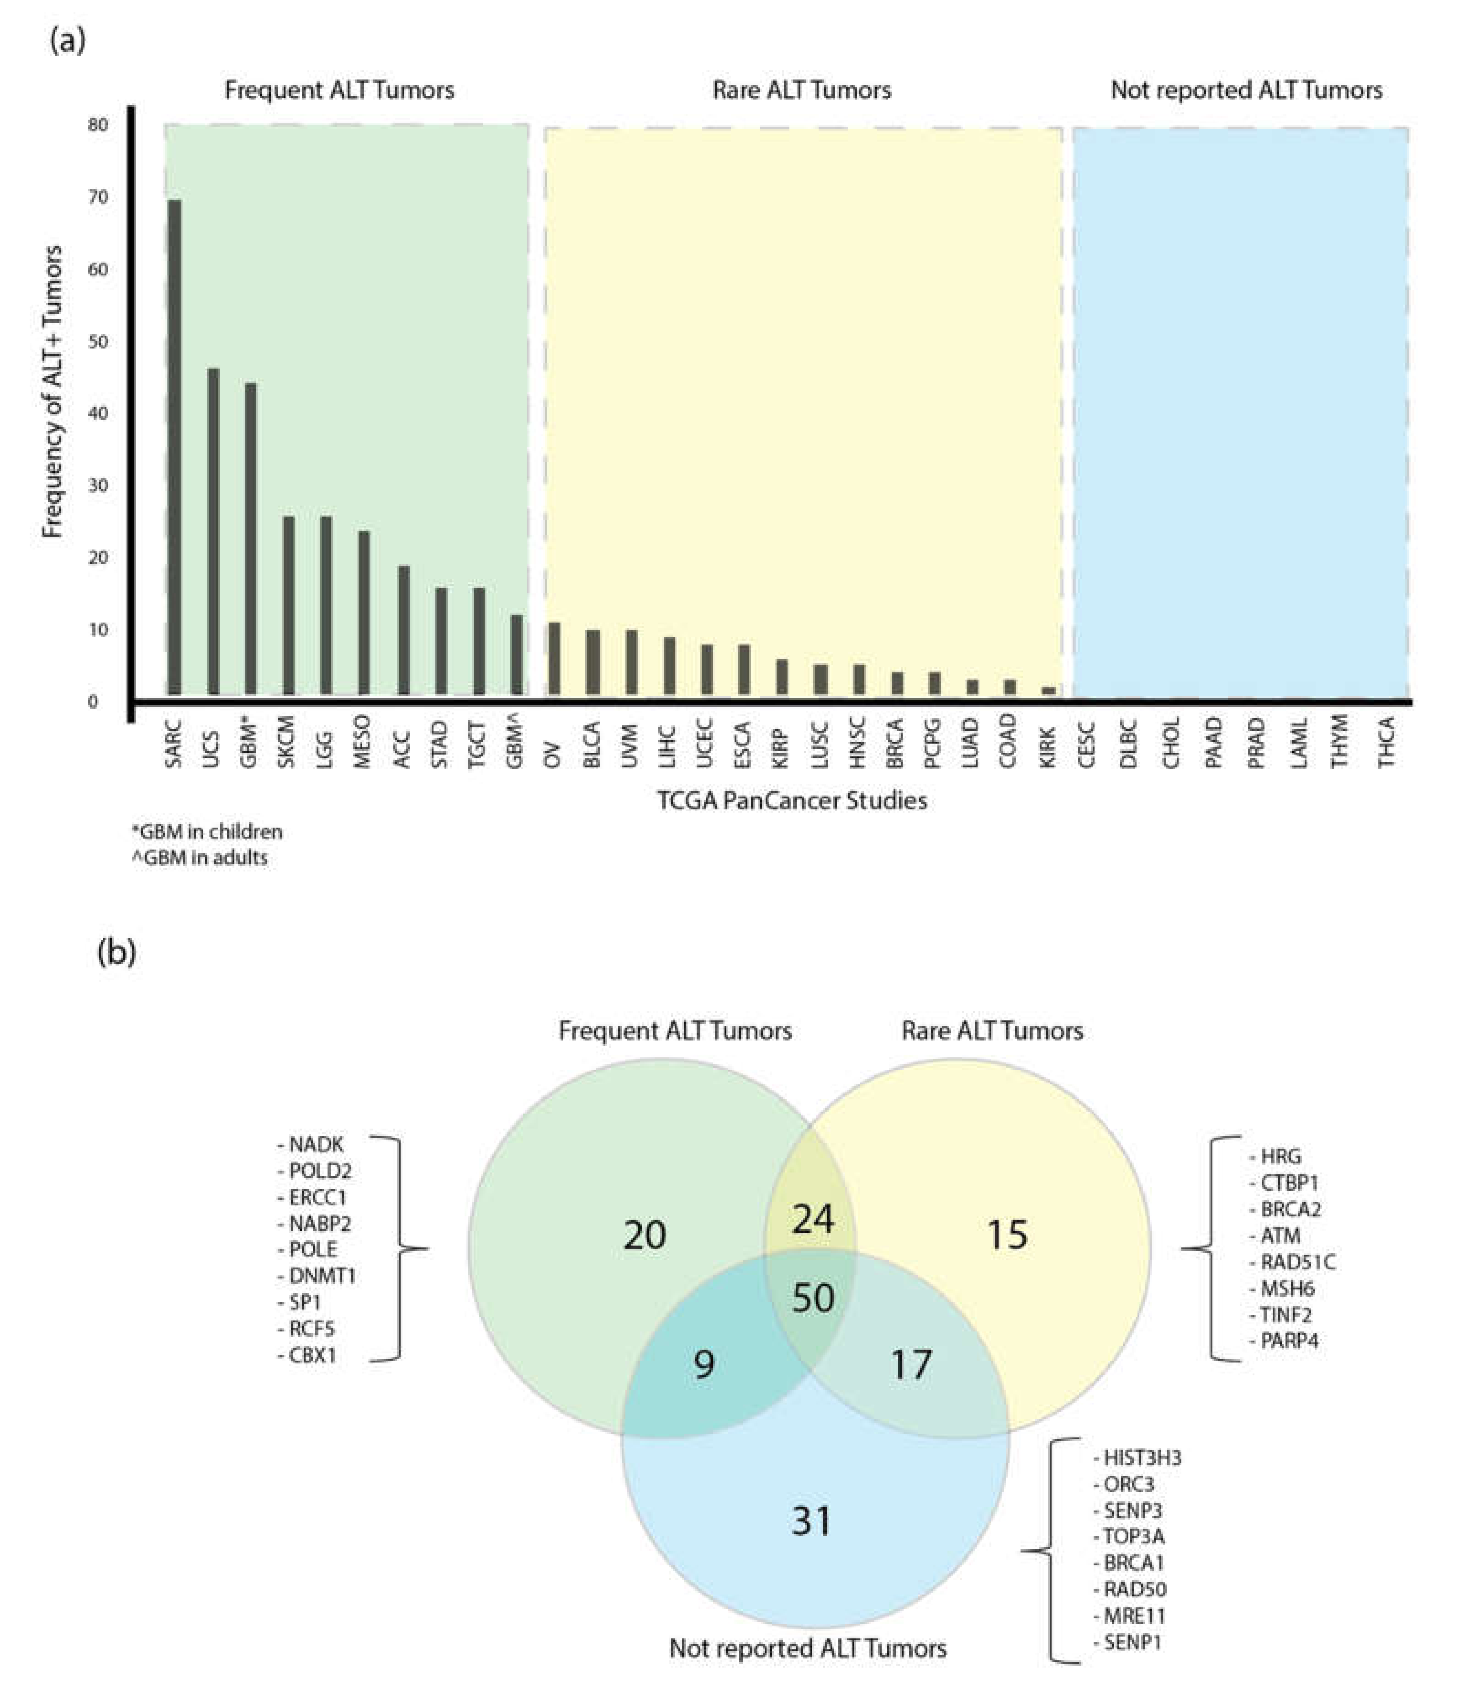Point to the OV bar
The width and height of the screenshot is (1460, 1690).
pos(554,659)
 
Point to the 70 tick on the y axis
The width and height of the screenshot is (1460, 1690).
pos(98,197)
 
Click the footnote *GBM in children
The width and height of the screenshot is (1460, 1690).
pos(207,832)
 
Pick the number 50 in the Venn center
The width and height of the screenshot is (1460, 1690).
pos(813,1298)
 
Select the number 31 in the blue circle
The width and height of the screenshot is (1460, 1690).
pos(812,1521)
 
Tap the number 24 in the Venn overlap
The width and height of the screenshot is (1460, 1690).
pos(813,1220)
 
